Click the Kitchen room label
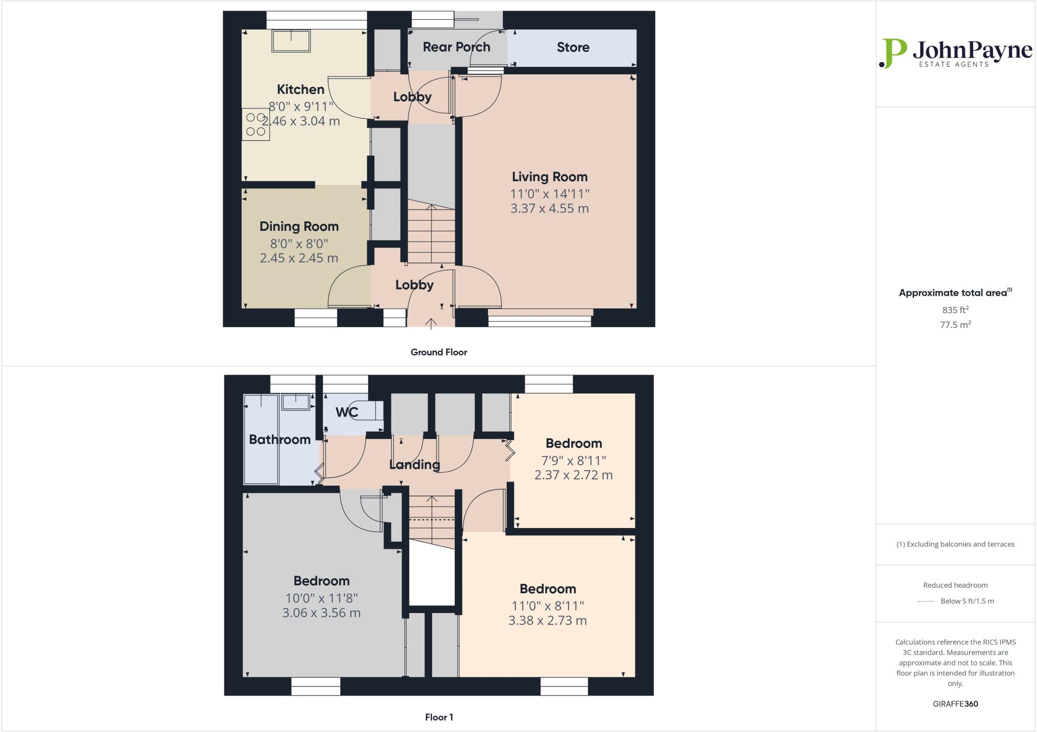click(x=300, y=90)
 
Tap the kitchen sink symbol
click(x=291, y=40)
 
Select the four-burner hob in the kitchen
click(x=256, y=125)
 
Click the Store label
click(x=573, y=48)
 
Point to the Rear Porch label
click(x=456, y=47)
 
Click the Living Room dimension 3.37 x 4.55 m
click(x=549, y=209)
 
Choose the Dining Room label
click(x=299, y=226)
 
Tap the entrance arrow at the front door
click(x=431, y=323)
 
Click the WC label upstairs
click(x=347, y=412)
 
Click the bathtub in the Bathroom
click(x=261, y=439)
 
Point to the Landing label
click(x=414, y=464)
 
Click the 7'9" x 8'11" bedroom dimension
click(x=573, y=461)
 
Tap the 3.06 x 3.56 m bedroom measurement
click(x=321, y=613)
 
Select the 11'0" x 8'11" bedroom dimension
click(x=547, y=606)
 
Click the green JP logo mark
click(x=893, y=53)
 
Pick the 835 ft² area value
click(x=955, y=310)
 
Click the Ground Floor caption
click(x=438, y=352)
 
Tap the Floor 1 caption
click(x=439, y=717)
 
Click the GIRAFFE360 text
click(x=955, y=704)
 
